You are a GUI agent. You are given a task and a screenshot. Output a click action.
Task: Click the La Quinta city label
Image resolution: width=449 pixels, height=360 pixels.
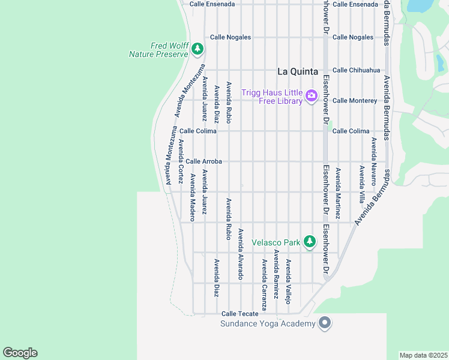(297, 71)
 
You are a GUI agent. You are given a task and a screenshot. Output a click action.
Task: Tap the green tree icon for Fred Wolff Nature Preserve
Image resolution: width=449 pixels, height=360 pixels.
(196, 49)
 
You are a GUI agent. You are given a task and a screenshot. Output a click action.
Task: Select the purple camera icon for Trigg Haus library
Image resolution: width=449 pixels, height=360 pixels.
(311, 95)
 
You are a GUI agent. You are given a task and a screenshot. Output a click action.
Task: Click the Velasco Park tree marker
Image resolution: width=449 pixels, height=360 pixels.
(309, 242)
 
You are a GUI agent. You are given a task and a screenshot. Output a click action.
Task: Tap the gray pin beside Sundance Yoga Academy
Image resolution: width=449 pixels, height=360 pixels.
(325, 323)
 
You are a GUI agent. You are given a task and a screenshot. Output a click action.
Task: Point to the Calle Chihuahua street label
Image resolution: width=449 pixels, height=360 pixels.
(356, 70)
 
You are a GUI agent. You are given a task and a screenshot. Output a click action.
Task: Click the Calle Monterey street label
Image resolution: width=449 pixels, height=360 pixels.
(355, 101)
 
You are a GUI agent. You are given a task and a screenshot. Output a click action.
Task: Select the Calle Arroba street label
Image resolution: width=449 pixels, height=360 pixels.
(203, 161)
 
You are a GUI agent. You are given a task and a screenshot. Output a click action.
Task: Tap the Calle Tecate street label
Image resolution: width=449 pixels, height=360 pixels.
(240, 314)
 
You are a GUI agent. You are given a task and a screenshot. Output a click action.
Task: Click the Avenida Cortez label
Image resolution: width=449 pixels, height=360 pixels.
(181, 161)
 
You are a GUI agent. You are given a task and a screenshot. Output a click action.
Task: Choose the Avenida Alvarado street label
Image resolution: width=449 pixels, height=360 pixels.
(241, 254)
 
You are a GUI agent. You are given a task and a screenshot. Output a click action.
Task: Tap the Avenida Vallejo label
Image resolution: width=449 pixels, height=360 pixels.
(288, 281)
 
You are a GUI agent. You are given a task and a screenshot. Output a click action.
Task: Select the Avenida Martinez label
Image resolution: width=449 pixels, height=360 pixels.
(337, 193)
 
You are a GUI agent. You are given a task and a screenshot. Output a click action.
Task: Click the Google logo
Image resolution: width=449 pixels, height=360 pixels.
(20, 353)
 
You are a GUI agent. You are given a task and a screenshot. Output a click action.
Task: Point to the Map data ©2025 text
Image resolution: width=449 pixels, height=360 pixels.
(423, 355)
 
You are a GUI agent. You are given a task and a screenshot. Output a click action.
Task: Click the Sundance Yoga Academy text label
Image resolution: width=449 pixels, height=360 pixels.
(268, 324)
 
